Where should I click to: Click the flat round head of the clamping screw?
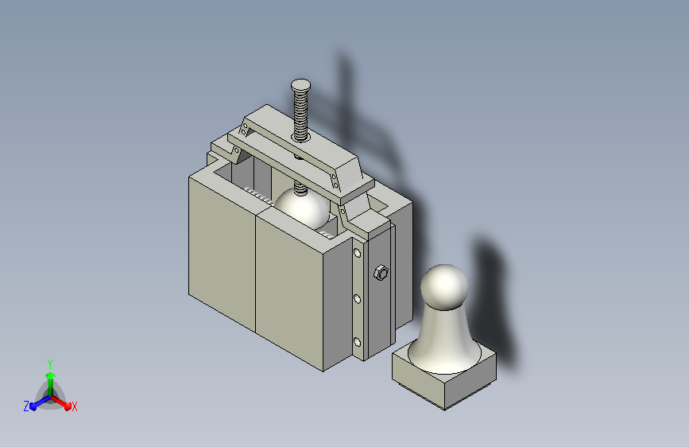(x=300, y=85)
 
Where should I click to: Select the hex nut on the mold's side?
(x=381, y=273)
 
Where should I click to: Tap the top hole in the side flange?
(x=357, y=253)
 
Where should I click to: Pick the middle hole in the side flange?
(x=357, y=299)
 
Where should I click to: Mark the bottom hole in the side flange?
(x=357, y=342)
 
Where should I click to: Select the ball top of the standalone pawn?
(x=444, y=287)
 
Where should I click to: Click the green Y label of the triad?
(x=50, y=363)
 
